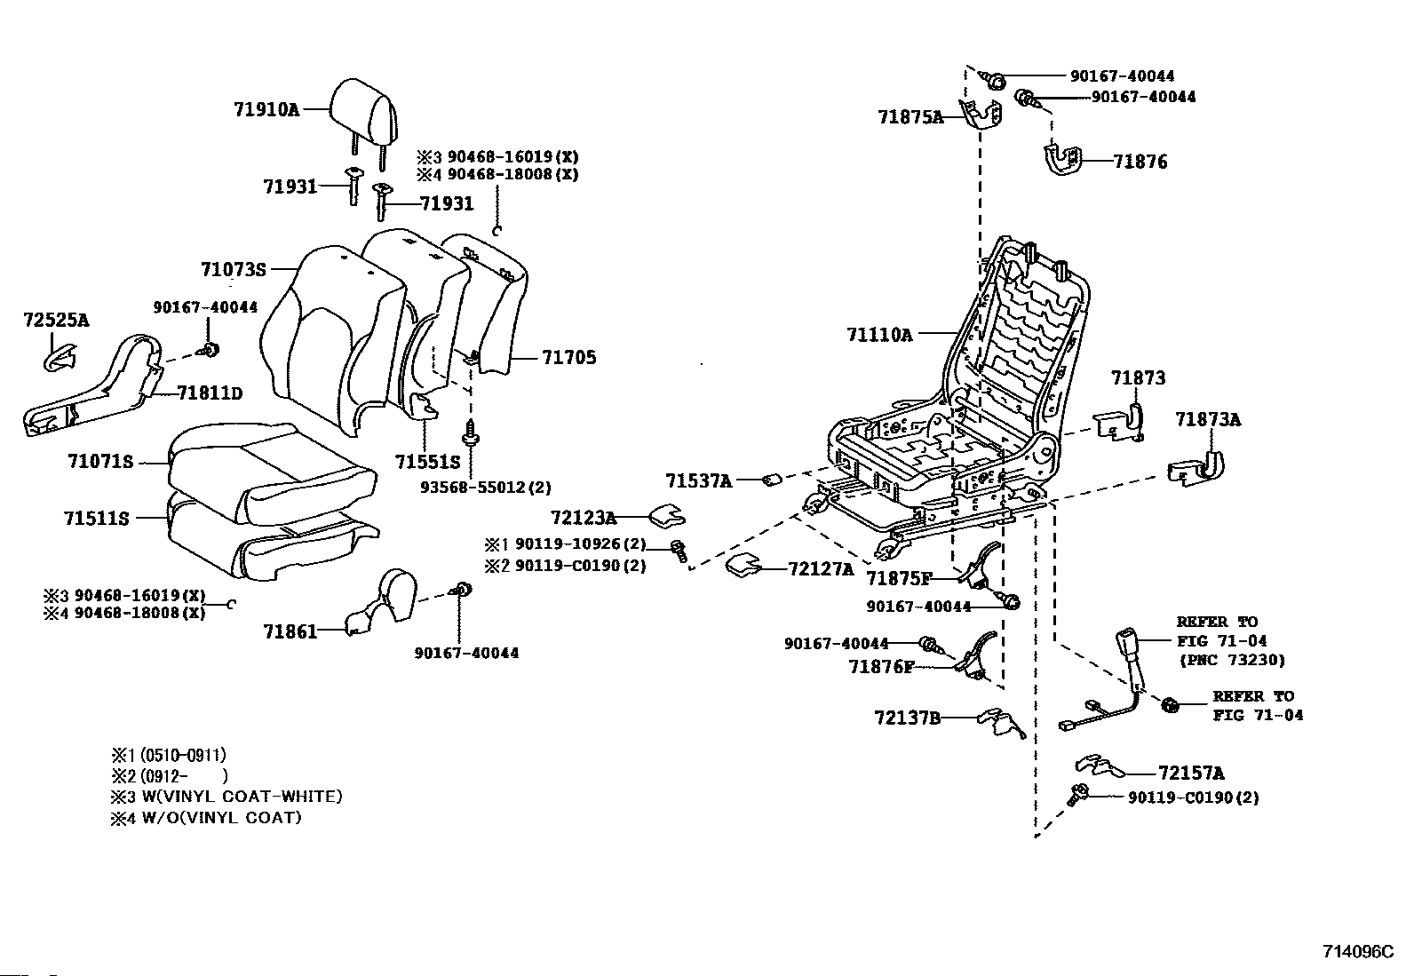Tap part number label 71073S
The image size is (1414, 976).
[234, 270]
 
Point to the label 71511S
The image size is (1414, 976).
[96, 519]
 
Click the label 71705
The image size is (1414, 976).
[568, 357]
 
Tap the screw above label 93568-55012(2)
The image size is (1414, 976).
[470, 433]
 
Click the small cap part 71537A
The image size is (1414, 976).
[773, 480]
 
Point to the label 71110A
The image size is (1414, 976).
[879, 335]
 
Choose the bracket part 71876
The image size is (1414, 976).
[1061, 159]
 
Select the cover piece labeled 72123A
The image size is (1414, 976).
[667, 516]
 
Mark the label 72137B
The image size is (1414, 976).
[907, 718]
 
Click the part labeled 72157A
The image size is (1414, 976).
[1100, 766]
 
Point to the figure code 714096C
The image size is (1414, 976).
[1358, 951]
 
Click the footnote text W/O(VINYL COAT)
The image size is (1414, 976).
[221, 818]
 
